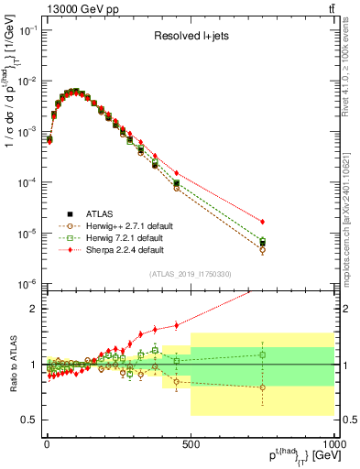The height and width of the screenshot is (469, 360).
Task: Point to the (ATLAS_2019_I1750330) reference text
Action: (190, 274)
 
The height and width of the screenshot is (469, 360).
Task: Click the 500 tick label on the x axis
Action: (191, 443)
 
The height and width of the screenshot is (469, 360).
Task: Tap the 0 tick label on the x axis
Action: (47, 443)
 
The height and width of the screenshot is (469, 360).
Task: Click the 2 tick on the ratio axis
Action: (35, 309)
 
